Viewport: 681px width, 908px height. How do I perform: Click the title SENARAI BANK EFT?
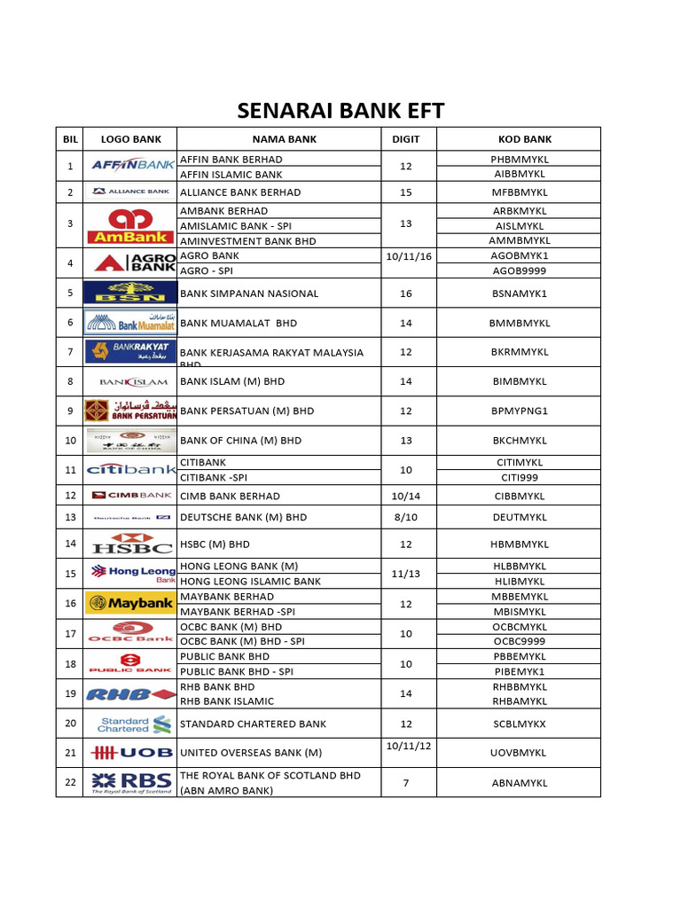click(340, 111)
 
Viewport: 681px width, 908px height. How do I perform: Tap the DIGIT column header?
click(406, 139)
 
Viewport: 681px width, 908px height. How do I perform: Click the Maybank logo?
click(130, 604)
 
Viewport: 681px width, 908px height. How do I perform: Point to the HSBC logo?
click(130, 544)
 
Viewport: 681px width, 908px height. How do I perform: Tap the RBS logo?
click(130, 782)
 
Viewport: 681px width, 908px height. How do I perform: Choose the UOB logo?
click(130, 753)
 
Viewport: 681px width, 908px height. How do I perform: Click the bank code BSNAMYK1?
click(519, 294)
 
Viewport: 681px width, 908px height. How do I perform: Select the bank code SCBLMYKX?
click(519, 724)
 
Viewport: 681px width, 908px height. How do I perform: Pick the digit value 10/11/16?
click(406, 255)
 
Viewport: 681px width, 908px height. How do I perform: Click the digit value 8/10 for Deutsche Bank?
click(406, 517)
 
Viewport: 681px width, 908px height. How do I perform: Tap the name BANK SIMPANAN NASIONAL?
click(248, 294)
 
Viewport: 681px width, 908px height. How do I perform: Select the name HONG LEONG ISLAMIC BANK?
click(250, 582)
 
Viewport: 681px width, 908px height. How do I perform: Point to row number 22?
click(70, 782)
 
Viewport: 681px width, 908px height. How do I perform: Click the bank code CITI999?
click(519, 477)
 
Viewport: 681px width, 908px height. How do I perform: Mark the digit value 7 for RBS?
click(406, 782)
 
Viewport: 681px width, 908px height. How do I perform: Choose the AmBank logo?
click(130, 225)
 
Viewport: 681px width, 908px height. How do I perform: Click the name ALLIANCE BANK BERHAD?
click(240, 192)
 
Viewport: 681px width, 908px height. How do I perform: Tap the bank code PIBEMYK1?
click(519, 672)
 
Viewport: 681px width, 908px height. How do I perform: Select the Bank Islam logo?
click(130, 382)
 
